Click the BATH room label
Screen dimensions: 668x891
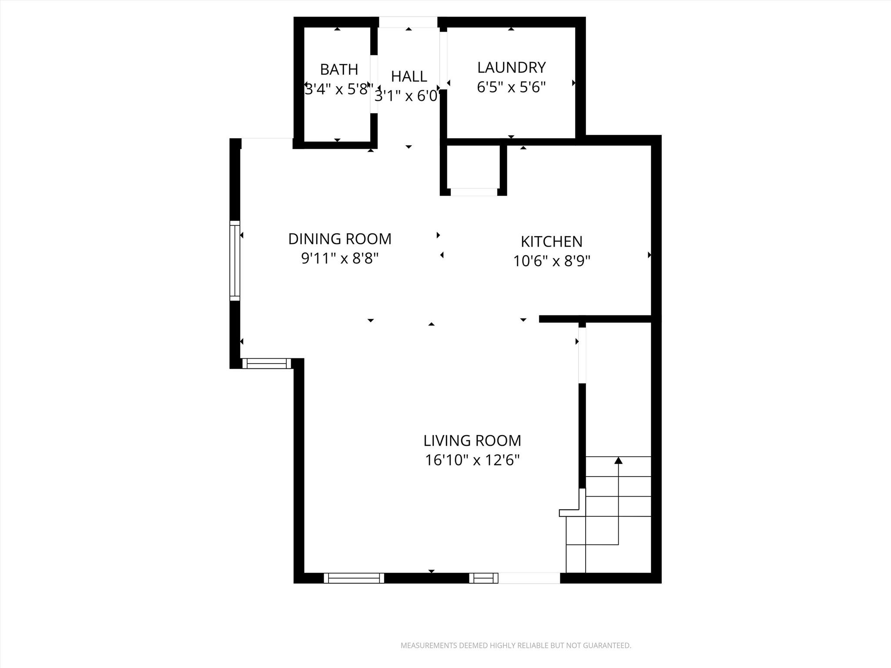pyautogui.click(x=339, y=70)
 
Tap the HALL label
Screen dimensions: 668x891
pyautogui.click(x=409, y=77)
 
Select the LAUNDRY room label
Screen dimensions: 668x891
pyautogui.click(x=511, y=67)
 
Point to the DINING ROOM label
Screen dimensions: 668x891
pyautogui.click(x=340, y=239)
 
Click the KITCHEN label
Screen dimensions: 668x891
pyautogui.click(x=551, y=241)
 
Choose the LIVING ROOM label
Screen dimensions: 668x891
pyautogui.click(x=472, y=441)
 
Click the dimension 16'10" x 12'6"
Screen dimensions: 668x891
pyautogui.click(x=472, y=460)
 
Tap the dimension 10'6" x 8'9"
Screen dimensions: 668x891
pyautogui.click(x=551, y=261)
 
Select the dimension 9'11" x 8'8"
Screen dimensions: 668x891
pyautogui.click(x=340, y=259)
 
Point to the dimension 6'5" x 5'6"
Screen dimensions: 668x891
pyautogui.click(x=511, y=87)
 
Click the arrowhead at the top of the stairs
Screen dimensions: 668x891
pyautogui.click(x=618, y=460)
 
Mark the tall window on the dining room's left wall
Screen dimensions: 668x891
pyautogui.click(x=234, y=261)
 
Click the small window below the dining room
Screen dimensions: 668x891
pyautogui.click(x=266, y=363)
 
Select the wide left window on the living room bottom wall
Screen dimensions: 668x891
pyautogui.click(x=354, y=578)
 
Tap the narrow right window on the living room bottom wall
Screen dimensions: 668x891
pyautogui.click(x=483, y=578)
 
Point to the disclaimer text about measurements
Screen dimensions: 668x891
pyautogui.click(x=516, y=645)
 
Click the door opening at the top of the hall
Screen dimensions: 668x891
pyautogui.click(x=408, y=22)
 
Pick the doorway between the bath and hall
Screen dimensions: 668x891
pyautogui.click(x=374, y=84)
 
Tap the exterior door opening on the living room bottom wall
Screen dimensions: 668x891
pyautogui.click(x=529, y=578)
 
